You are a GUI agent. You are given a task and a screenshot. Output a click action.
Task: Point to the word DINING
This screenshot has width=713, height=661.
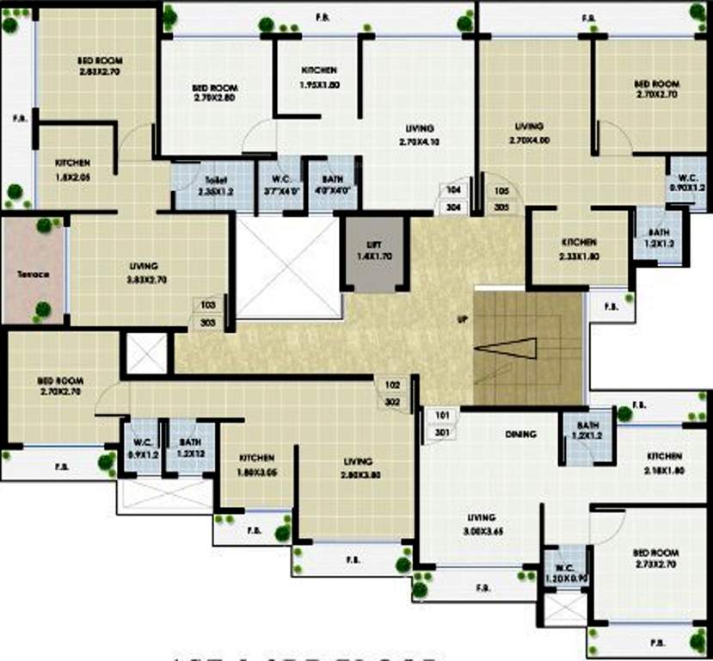coord(521,435)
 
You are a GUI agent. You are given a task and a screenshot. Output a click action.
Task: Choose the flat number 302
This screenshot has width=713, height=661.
coord(393,401)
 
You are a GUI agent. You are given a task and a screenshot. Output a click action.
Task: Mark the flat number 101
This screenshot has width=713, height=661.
coord(442,415)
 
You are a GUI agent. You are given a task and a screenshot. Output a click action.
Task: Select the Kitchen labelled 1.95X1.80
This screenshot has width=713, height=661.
coord(319,77)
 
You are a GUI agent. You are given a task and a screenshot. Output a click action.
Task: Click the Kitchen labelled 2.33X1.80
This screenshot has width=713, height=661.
coord(579,249)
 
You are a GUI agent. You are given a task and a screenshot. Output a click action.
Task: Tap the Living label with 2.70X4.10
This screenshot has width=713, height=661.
coord(420,135)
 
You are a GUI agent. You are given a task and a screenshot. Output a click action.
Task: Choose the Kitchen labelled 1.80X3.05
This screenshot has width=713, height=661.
coord(257,465)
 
